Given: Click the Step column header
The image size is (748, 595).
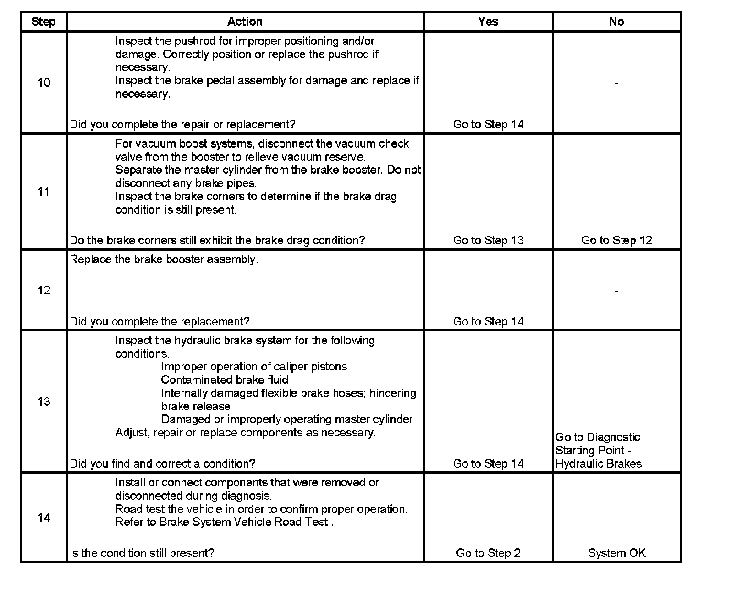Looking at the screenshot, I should tap(44, 22).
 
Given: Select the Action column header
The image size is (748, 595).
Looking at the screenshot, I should tap(245, 22).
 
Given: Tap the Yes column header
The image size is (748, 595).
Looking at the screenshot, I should tap(488, 22).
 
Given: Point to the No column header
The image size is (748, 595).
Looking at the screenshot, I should tap(616, 22).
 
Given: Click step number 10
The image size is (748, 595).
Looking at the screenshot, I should tap(44, 83).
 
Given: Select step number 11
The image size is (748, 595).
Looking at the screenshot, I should tap(44, 192).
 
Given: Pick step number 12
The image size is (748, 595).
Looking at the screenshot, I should tap(44, 290).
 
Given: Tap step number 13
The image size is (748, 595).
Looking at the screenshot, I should tap(44, 402).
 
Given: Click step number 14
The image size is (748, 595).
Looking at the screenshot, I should tap(44, 518).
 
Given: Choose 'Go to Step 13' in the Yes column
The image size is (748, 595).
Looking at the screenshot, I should tap(488, 240).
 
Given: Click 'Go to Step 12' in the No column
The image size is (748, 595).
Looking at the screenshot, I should tap(616, 240).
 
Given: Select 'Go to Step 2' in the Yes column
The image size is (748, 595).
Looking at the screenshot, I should tap(488, 553).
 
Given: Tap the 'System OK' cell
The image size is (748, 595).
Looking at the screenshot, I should tap(616, 553).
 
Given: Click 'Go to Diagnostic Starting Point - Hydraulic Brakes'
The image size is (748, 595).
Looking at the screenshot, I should tap(598, 450).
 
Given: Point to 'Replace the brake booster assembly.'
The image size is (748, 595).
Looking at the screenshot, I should tap(164, 259).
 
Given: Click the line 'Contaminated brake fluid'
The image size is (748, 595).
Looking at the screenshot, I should tap(225, 380).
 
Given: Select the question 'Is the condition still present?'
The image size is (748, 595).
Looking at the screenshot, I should tap(142, 553).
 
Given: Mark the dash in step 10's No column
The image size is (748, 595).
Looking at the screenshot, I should tap(616, 83).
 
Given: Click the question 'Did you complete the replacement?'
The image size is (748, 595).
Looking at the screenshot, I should tap(159, 321).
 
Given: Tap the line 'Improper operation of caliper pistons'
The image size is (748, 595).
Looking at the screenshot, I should tap(254, 367).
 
